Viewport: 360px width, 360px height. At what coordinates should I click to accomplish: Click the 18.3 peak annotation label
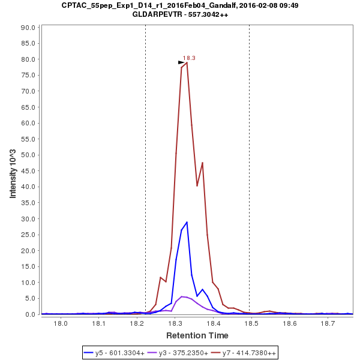click(x=189, y=58)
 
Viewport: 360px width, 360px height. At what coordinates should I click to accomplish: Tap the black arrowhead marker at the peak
click(x=181, y=62)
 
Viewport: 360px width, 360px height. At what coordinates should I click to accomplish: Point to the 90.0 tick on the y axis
click(x=29, y=27)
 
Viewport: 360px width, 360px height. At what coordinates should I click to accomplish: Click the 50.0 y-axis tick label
click(x=29, y=155)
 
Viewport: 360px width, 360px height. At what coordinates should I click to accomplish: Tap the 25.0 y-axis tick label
click(x=29, y=235)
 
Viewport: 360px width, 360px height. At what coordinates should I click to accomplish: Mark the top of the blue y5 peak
click(x=187, y=222)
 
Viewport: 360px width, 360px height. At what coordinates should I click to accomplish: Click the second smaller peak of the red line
click(x=202, y=163)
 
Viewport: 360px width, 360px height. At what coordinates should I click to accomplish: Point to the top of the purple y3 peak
click(x=182, y=296)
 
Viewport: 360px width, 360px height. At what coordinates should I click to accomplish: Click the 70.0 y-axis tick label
click(x=29, y=91)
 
